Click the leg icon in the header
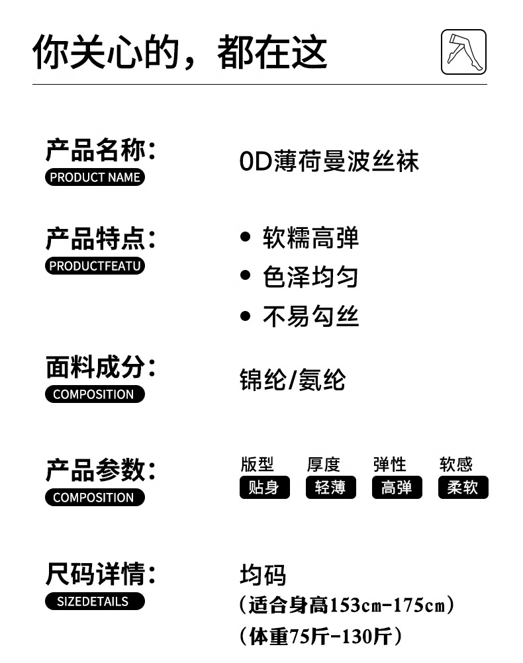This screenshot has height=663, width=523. tap(463, 52)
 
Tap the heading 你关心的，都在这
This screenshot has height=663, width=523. tap(180, 53)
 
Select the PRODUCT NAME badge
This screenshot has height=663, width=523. tap(95, 177)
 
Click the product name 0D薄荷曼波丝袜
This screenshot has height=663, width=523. tap(329, 161)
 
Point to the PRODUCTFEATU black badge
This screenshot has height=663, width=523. tap(95, 266)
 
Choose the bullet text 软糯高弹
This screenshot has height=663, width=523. tap(310, 238)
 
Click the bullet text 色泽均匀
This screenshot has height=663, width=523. tap(310, 277)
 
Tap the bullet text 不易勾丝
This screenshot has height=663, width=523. tap(310, 317)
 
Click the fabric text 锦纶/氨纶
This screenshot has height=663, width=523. tap(292, 380)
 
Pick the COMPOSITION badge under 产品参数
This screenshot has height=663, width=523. tap(95, 498)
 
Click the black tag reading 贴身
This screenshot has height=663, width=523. tap(264, 488)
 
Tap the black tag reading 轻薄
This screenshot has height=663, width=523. tap(330, 488)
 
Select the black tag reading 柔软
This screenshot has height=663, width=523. tap(463, 488)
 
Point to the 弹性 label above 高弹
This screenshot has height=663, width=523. tap(389, 464)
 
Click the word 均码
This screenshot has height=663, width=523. tap(263, 576)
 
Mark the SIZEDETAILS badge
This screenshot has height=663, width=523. tap(95, 601)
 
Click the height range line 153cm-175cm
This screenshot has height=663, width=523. tap(346, 605)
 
